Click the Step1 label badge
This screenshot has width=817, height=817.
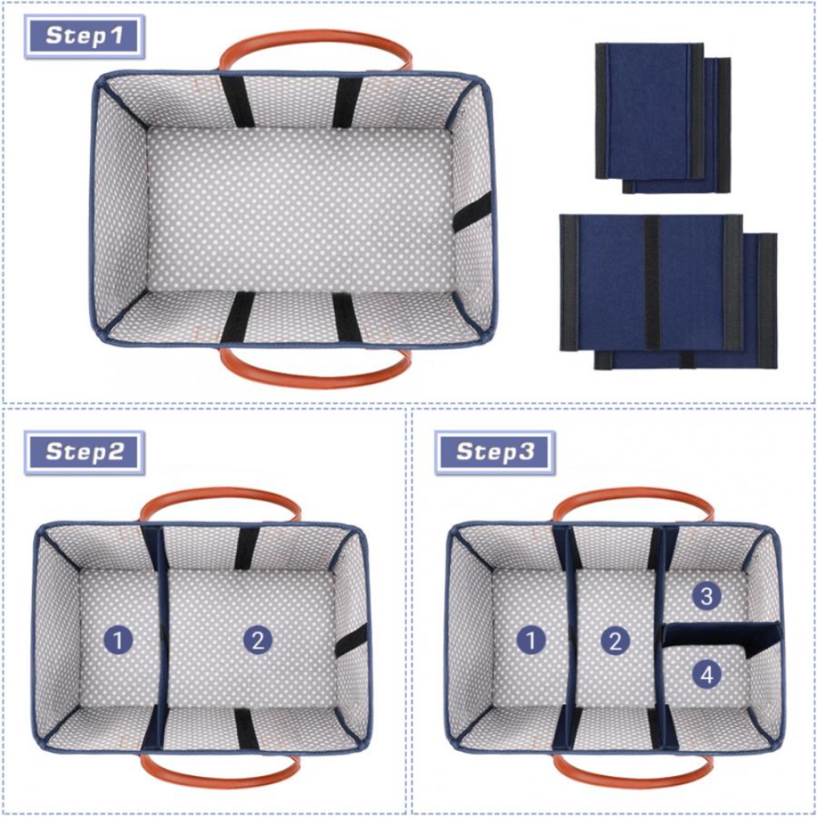(x=84, y=35)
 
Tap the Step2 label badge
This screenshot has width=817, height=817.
(x=84, y=451)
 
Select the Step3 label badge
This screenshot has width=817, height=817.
(x=495, y=451)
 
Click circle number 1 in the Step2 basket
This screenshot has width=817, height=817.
(x=118, y=640)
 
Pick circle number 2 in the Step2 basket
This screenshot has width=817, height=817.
(x=257, y=640)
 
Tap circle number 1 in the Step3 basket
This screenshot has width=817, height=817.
(x=531, y=640)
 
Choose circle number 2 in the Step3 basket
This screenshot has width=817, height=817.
(x=615, y=640)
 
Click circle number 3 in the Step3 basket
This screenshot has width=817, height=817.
(x=707, y=596)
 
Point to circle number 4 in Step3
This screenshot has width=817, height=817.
(x=707, y=675)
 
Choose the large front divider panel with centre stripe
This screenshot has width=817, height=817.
(x=650, y=283)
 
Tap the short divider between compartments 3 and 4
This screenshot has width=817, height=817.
(x=722, y=635)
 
